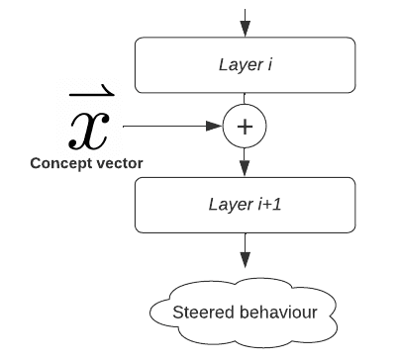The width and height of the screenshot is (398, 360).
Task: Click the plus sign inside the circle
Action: pos(245,127)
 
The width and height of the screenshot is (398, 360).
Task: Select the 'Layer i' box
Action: pos(245,65)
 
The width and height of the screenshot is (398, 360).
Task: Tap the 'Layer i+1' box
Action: pos(245,205)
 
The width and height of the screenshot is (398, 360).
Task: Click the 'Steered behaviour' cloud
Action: pos(244,313)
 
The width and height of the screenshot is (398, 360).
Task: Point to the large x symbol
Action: pos(89,131)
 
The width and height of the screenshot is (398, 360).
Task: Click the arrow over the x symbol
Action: pos(92,91)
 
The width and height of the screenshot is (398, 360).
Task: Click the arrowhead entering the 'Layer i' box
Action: pos(245,29)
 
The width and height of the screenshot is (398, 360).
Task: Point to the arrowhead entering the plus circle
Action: pos(215,126)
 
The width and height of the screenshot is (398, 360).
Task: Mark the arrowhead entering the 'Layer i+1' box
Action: pos(245,169)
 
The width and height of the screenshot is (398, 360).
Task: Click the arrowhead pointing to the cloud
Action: pos(245,260)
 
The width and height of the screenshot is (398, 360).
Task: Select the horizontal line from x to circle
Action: pos(172,126)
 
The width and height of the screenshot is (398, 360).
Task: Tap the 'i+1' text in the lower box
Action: pos(269,205)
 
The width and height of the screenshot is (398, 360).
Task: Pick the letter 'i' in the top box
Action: pos(269,64)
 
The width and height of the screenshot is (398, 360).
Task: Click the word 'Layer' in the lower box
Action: pos(231,205)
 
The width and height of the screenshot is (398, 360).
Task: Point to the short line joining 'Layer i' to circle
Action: pos(245,99)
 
